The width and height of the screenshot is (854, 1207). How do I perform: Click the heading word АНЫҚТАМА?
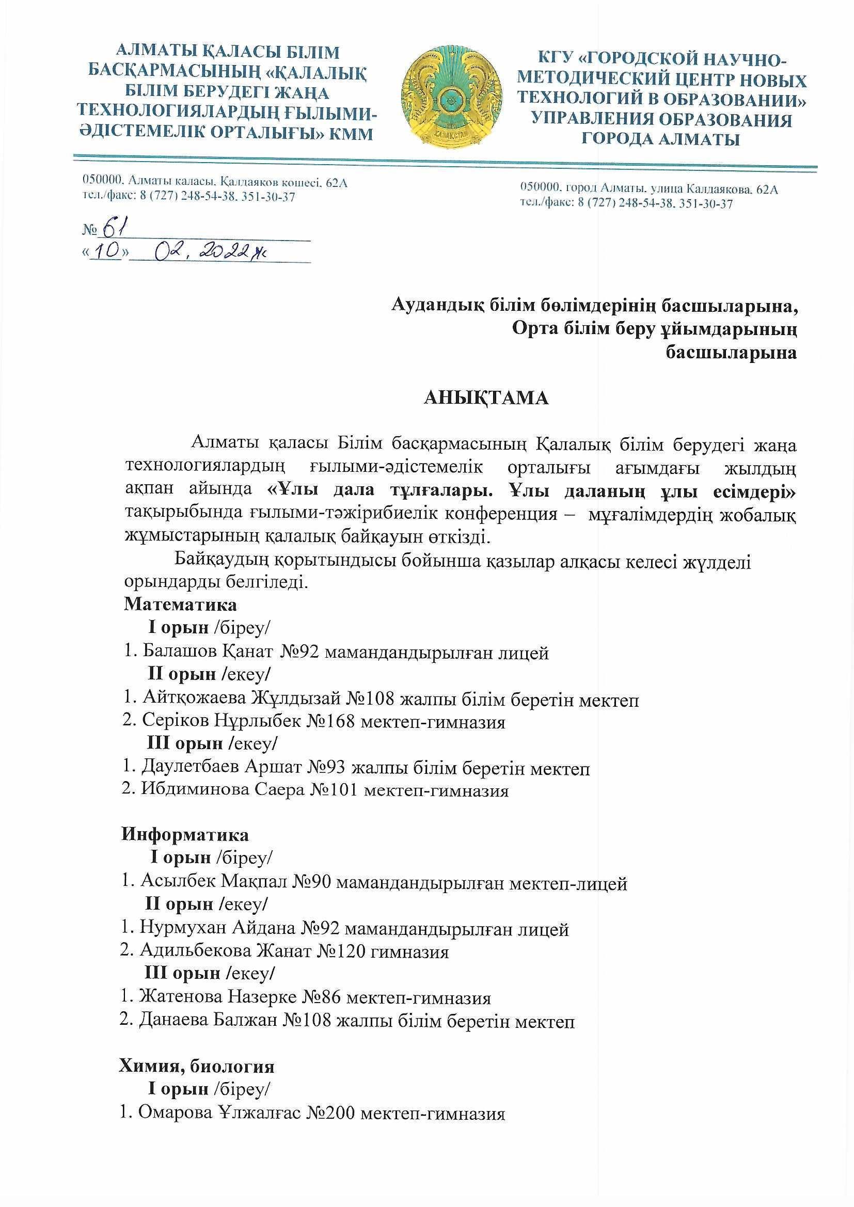(486, 398)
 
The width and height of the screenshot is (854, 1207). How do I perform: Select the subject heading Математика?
(180, 605)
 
